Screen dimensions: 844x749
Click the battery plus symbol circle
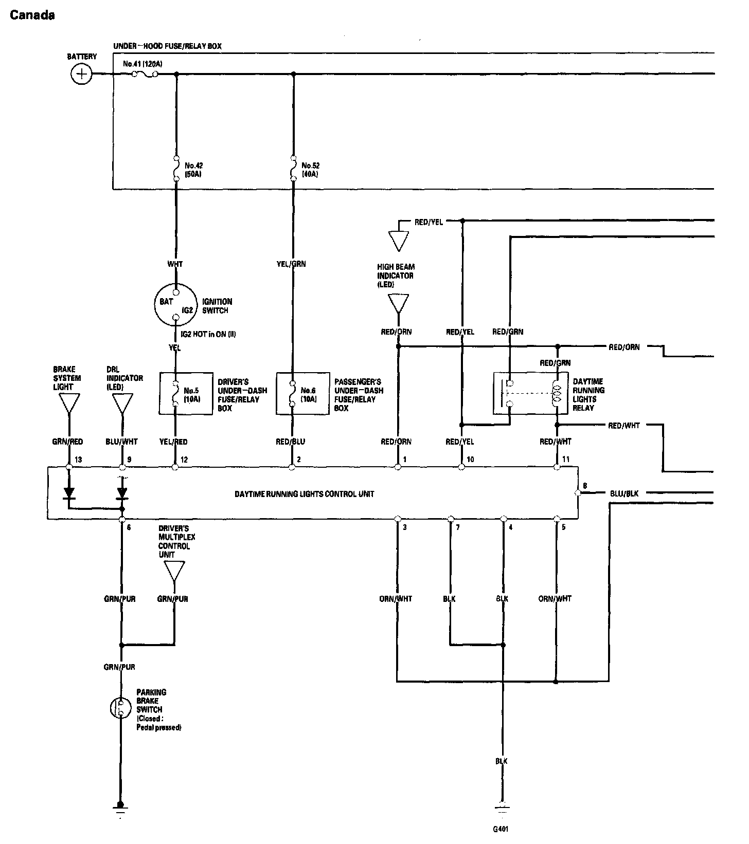click(x=81, y=74)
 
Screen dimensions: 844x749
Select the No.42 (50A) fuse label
click(x=193, y=170)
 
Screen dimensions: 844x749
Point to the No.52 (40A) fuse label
click(x=310, y=170)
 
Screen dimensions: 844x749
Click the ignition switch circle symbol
click(x=175, y=305)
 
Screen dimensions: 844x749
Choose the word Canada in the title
click(x=32, y=15)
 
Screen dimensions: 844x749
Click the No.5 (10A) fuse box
click(x=186, y=394)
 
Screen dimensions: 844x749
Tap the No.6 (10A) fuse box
click(x=302, y=394)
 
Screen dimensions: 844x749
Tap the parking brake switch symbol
click(x=121, y=708)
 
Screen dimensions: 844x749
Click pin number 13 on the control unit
click(x=79, y=460)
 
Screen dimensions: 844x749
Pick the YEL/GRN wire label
click(x=292, y=264)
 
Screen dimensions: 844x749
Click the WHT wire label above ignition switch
click(x=175, y=264)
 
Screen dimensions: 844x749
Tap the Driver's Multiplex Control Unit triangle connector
click(x=174, y=571)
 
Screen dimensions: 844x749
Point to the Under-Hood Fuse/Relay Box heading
click(x=168, y=46)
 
